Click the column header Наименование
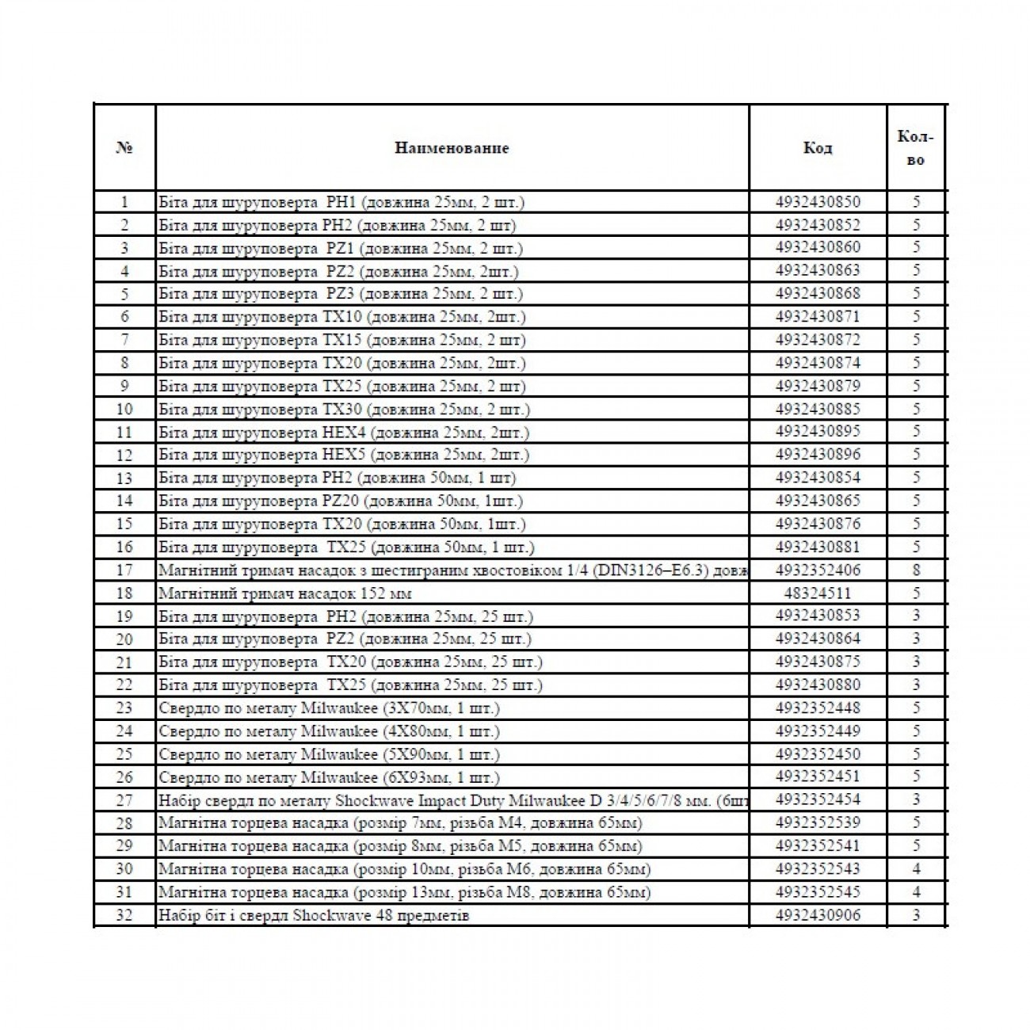pos(452,148)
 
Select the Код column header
pos(818,148)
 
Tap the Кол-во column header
pos(915,148)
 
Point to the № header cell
pos(124,148)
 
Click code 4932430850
pos(818,202)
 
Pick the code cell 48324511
pos(818,593)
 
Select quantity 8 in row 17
pos(916,570)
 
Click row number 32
pos(124,915)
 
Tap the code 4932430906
pos(818,915)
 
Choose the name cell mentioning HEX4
pos(344,433)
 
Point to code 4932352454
pos(818,799)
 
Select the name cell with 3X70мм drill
pos(330,708)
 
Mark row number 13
pos(124,478)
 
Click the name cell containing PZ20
pos(341,501)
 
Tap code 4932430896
pos(818,455)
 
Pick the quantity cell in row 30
pos(916,869)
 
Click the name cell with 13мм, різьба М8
pos(405,892)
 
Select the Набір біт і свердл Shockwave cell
pos(315,916)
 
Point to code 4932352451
pos(818,776)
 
